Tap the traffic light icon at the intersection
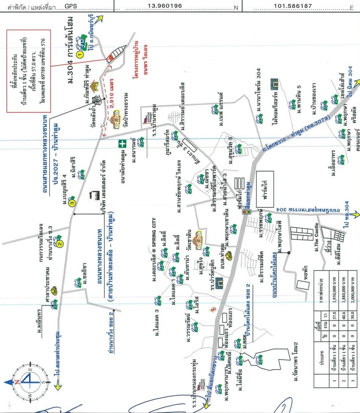click(x=247, y=212)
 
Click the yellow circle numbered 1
click(x=80, y=55)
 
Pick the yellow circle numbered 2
click(x=60, y=244)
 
